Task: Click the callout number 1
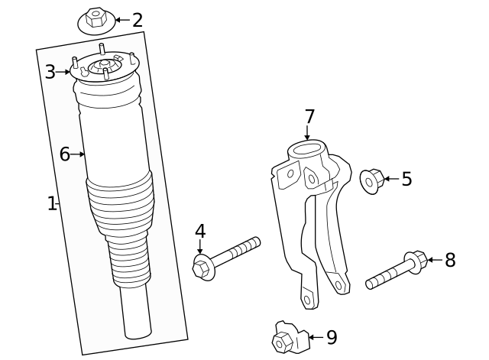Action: pyautogui.click(x=51, y=203)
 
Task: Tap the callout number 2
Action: pyautogui.click(x=138, y=20)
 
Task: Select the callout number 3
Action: pyautogui.click(x=50, y=72)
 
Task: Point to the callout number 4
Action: pyautogui.click(x=199, y=231)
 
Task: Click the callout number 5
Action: pyautogui.click(x=406, y=179)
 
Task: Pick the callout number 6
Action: pyautogui.click(x=65, y=154)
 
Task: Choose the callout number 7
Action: pyautogui.click(x=309, y=117)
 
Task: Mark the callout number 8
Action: pyautogui.click(x=450, y=260)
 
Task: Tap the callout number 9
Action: pyautogui.click(x=331, y=336)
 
